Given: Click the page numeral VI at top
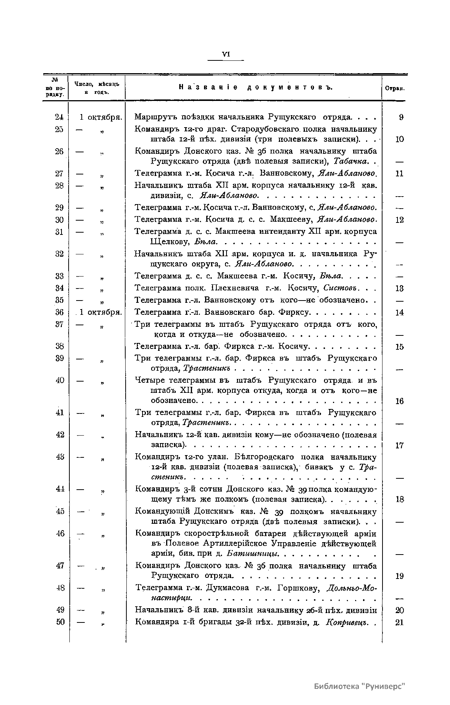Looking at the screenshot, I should pos(226,54).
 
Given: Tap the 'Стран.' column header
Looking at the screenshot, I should pos(394,89).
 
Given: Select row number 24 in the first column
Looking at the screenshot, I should pos(59,117).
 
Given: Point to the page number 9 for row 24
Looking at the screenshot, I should pos(401,117).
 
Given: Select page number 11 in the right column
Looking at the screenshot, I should pos(399,174).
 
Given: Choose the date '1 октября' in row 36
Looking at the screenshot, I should pos(100,312).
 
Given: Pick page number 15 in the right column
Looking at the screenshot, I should pos(399,347).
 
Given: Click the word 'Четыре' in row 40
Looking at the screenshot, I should pos(149,380).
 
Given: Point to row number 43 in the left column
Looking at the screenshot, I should pos(60,457).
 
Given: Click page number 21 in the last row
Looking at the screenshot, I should pos(399,622).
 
